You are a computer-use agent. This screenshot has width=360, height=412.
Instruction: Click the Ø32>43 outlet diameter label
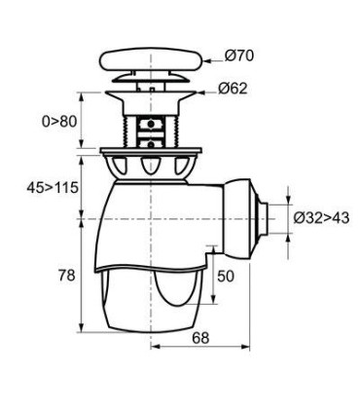pyautogui.click(x=320, y=218)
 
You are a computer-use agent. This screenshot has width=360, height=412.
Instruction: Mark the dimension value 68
pyautogui.click(x=199, y=338)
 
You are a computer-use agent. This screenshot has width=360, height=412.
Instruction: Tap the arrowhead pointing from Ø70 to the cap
pyautogui.click(x=205, y=58)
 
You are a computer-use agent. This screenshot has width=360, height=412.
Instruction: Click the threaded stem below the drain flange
pyautogui.click(x=151, y=125)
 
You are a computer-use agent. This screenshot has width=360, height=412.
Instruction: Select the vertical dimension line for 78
pyautogui.click(x=80, y=276)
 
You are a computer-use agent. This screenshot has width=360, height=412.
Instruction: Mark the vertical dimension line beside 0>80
pyautogui.click(x=80, y=121)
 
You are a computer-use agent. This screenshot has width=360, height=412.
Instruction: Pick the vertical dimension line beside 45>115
pyautogui.click(x=80, y=184)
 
